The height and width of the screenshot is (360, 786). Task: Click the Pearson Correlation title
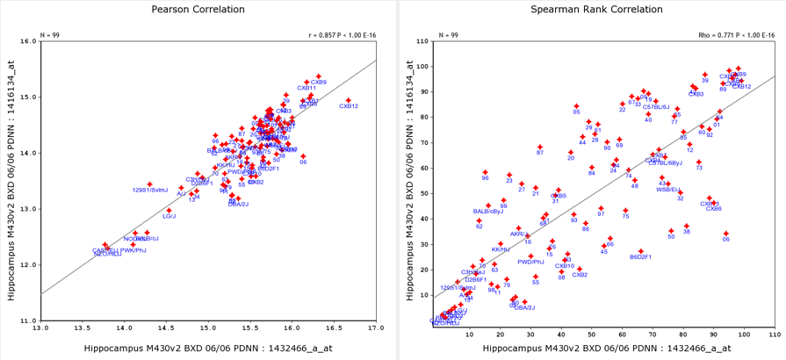pos(195,10)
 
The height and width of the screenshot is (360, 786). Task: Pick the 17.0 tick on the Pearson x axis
pos(375,328)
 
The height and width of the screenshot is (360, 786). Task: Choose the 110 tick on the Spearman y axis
pos(422,41)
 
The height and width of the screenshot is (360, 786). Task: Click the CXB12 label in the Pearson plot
pos(349,106)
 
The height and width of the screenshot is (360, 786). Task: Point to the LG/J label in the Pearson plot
pos(169,216)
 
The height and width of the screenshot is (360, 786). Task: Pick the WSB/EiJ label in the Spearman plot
pos(670,190)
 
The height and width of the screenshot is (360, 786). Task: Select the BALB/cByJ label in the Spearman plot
pos(488,212)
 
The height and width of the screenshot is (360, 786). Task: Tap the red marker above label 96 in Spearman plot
pos(485,172)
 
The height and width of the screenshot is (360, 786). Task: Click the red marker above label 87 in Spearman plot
pos(540,147)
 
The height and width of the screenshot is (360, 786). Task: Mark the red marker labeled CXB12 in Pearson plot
pos(349,100)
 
